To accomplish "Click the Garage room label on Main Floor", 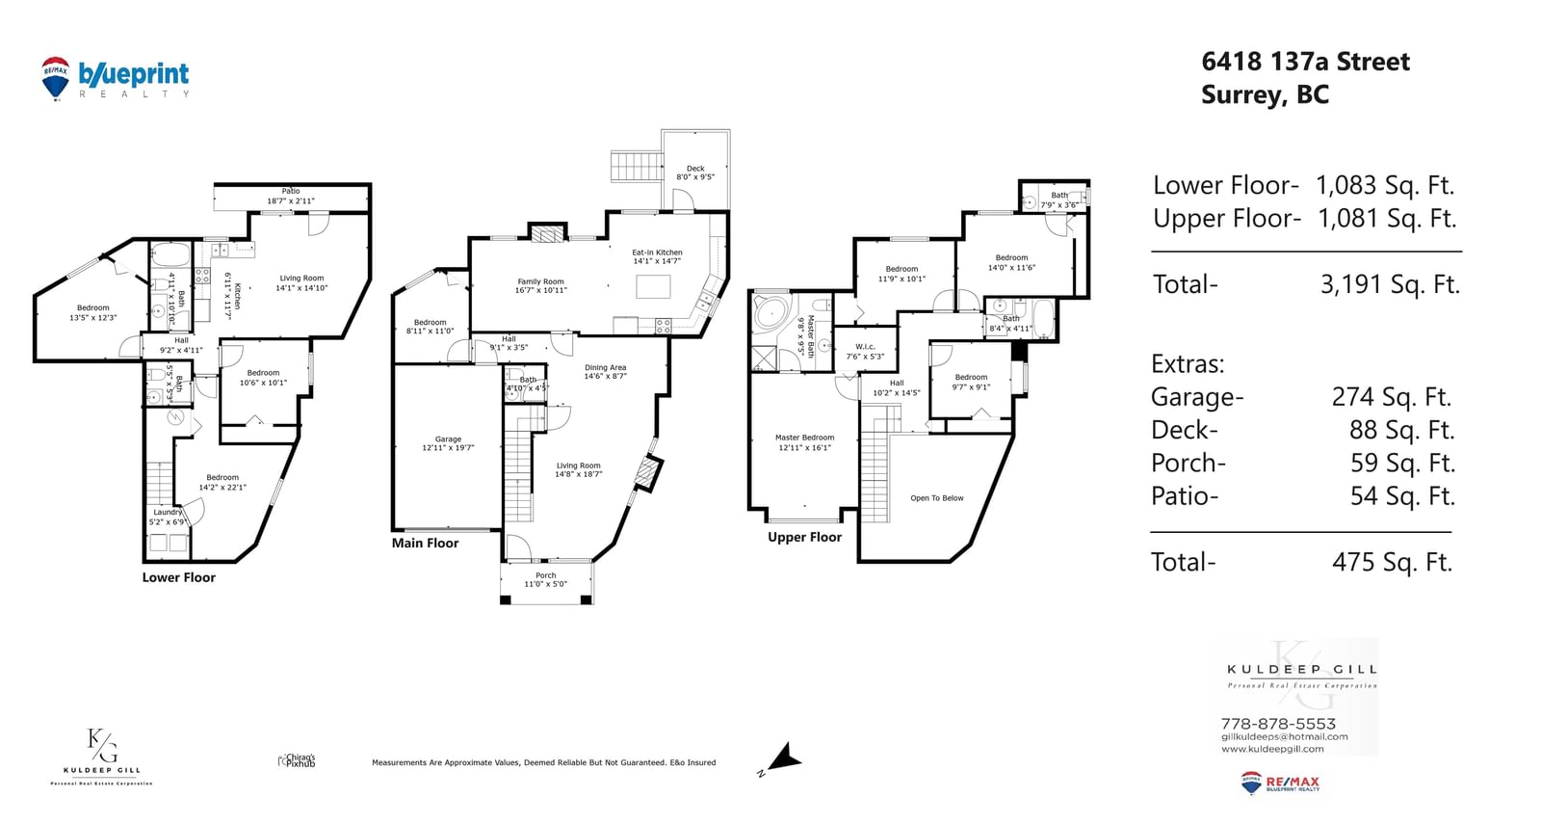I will pyautogui.click(x=448, y=443).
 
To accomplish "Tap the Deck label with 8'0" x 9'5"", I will pyautogui.click(x=695, y=173).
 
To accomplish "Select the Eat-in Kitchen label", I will pyautogui.click(x=657, y=256).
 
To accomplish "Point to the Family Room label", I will pyautogui.click(x=540, y=285).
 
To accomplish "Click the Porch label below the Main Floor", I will pyautogui.click(x=546, y=579).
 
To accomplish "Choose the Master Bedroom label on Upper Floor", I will pyautogui.click(x=804, y=442).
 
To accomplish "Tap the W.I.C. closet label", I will pyautogui.click(x=865, y=352).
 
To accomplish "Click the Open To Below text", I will pyautogui.click(x=936, y=498).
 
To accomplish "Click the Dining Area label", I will pyautogui.click(x=605, y=371).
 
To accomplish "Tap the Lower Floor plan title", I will pyautogui.click(x=179, y=577).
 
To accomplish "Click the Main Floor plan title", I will pyautogui.click(x=425, y=543).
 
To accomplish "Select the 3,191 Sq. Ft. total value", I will pyautogui.click(x=1390, y=284).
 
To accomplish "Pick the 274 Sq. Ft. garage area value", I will pyautogui.click(x=1392, y=397).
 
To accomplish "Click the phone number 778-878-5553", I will pyautogui.click(x=1278, y=724).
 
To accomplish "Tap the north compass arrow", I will pyautogui.click(x=784, y=758).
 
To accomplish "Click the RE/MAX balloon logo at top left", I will pyautogui.click(x=55, y=77).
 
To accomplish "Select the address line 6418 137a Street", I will pyautogui.click(x=1305, y=62).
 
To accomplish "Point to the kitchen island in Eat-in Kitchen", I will pyautogui.click(x=654, y=287).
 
